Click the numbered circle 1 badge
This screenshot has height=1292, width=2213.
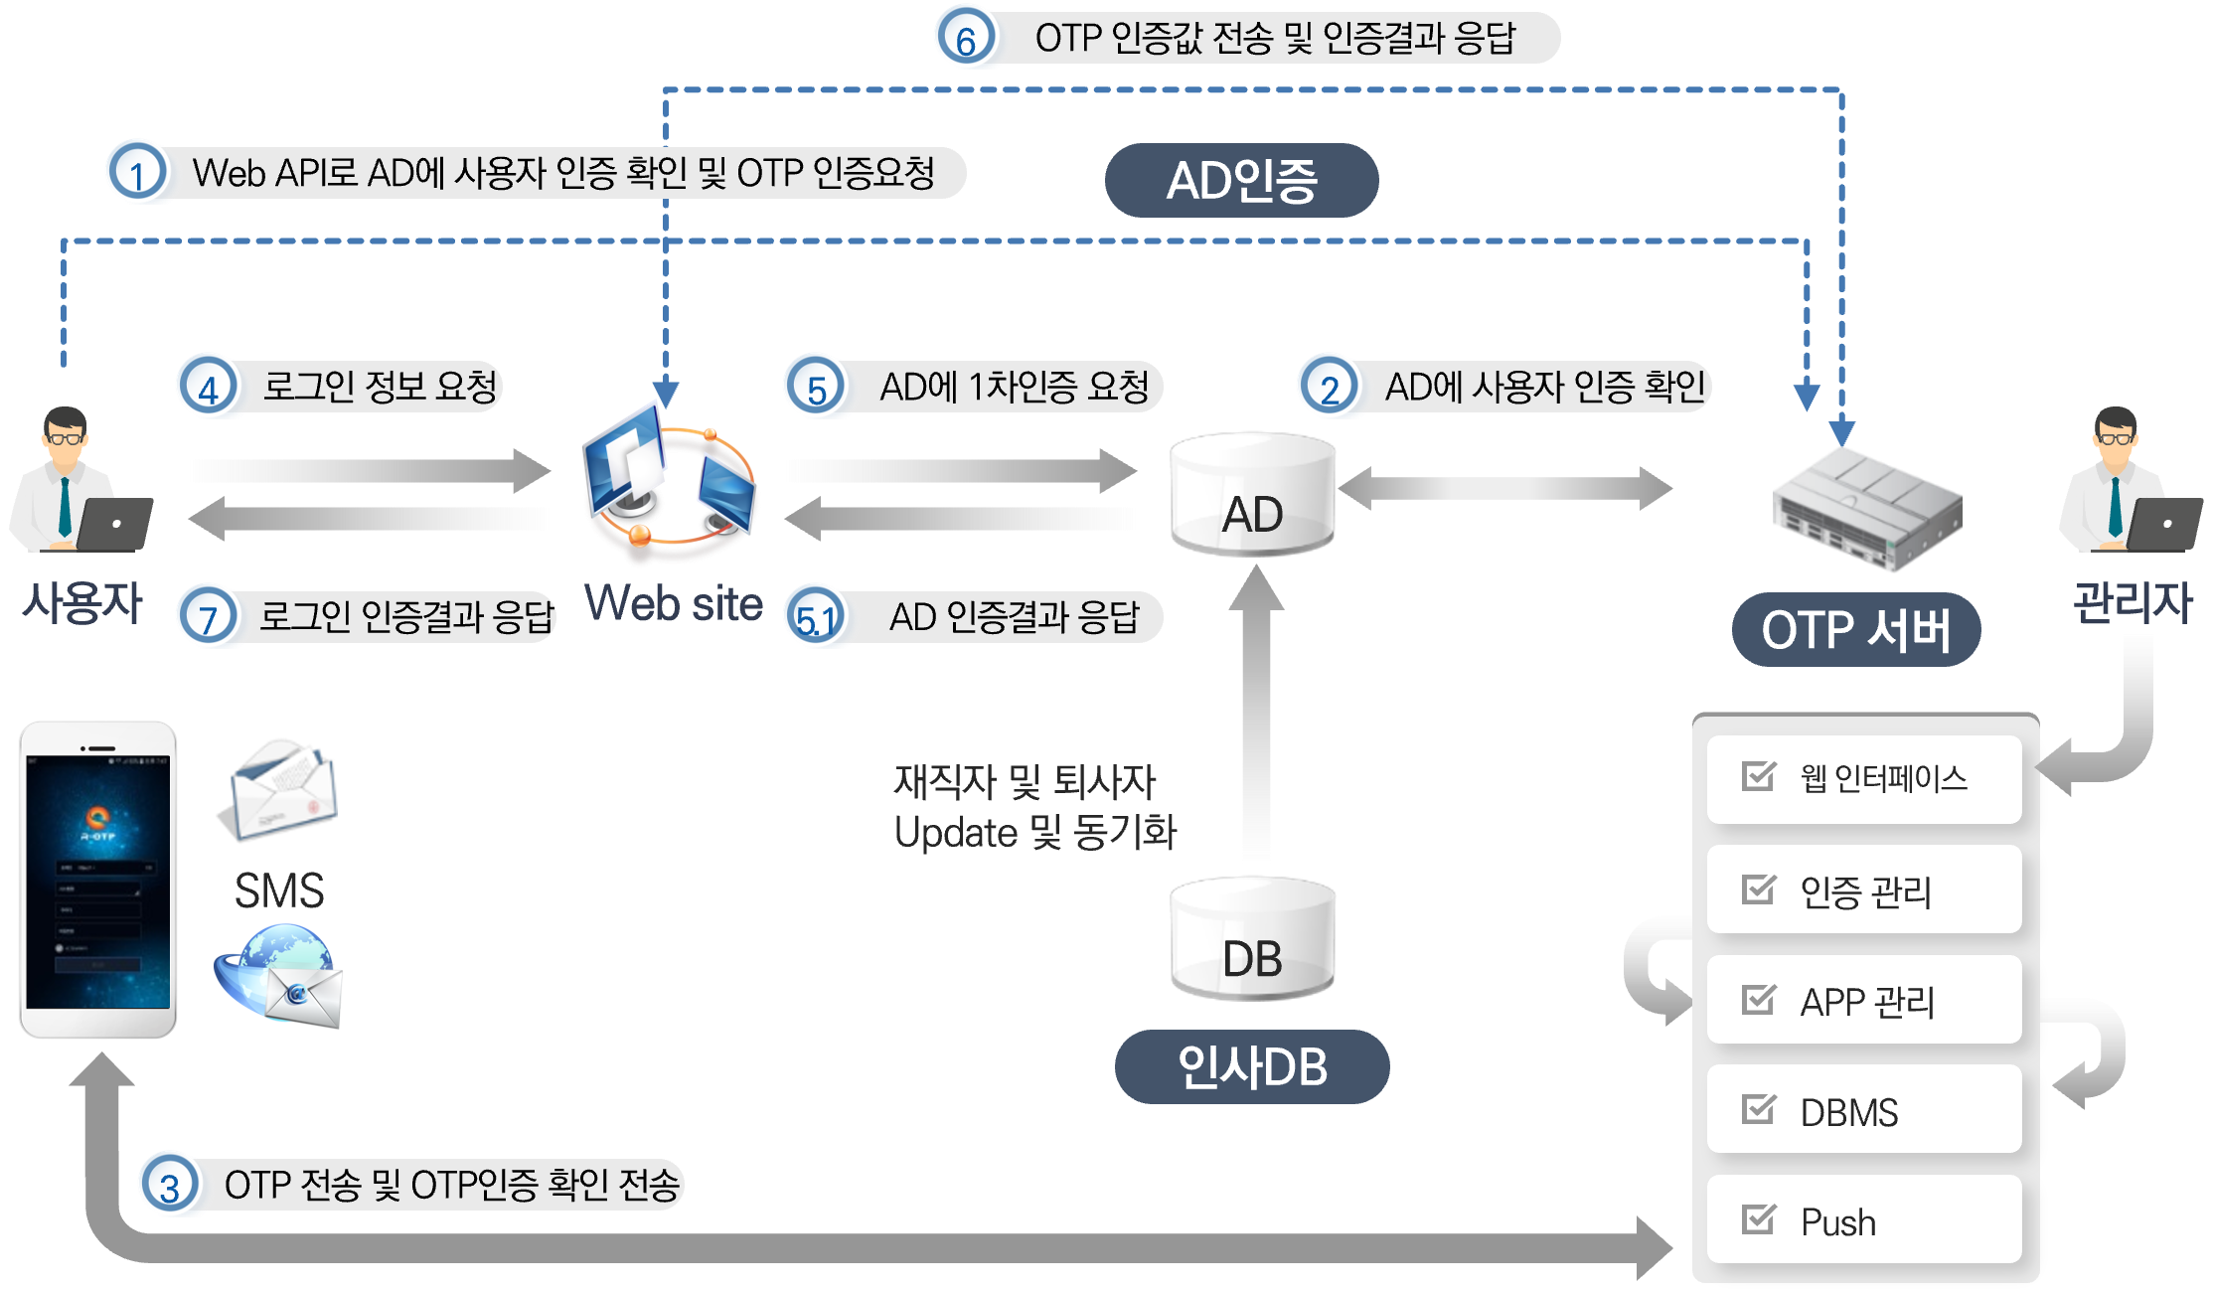137,173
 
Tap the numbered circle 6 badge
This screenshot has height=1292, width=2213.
965,39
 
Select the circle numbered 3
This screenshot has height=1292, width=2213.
170,1185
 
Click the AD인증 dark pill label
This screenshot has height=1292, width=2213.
1241,181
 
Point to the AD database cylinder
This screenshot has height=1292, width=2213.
1252,494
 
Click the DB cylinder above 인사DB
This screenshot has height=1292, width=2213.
1252,938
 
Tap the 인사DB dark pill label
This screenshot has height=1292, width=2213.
1252,1067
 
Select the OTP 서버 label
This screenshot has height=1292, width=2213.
1855,630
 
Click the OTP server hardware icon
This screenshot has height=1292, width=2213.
1866,508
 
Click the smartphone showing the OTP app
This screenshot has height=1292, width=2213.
97,880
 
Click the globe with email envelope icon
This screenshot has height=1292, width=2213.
280,975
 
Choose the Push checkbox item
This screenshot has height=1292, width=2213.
1863,1220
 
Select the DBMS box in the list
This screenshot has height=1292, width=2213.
1863,1110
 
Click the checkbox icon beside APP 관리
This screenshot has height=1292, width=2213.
1758,999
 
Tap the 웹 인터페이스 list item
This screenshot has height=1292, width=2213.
1863,779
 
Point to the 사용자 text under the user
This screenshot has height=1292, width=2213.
83,603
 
